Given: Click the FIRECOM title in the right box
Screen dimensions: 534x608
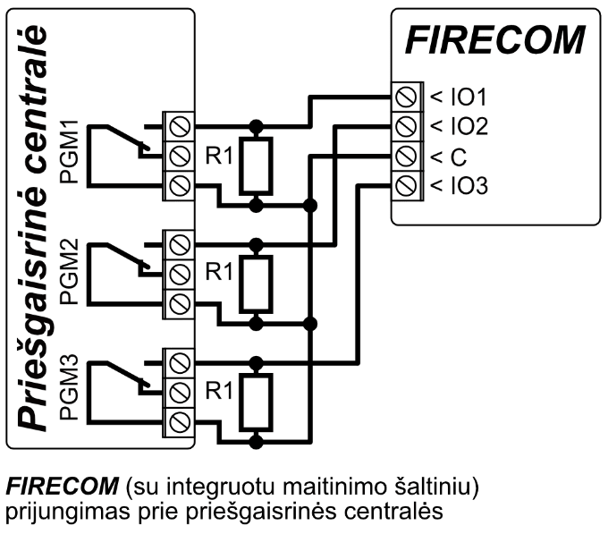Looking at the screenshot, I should (494, 40).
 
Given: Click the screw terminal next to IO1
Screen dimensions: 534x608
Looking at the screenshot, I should (407, 95).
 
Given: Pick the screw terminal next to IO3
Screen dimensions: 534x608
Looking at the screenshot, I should (407, 186).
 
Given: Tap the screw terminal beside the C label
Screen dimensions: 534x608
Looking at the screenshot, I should (407, 157).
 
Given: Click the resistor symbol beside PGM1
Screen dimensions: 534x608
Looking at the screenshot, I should (257, 165).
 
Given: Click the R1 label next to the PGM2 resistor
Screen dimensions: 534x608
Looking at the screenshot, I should (219, 271).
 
